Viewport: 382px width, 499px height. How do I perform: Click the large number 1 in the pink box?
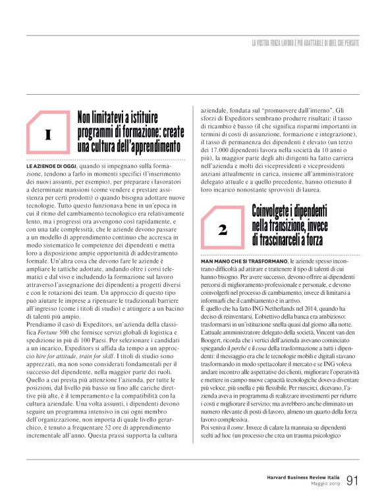[48, 136]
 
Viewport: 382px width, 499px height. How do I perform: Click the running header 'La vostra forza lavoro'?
[306, 43]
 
